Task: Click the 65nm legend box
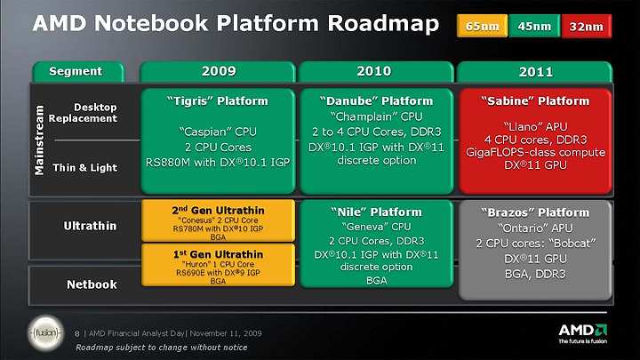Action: point(482,26)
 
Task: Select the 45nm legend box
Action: point(534,26)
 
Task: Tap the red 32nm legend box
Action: point(587,26)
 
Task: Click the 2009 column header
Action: point(218,72)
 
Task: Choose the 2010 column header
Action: point(375,72)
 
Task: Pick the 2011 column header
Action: point(535,72)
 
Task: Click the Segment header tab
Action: point(78,72)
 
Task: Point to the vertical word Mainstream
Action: point(39,140)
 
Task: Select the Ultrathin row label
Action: point(90,226)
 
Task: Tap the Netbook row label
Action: point(92,284)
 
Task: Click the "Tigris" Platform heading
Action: point(218,100)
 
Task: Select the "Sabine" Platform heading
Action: point(535,100)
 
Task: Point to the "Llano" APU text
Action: point(535,126)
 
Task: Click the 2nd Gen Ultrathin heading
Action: point(218,210)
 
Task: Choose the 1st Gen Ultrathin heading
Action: point(218,254)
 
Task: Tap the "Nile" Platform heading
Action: point(376,212)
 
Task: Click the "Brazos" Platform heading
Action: point(535,212)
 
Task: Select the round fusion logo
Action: point(46,333)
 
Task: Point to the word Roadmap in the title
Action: point(383,23)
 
